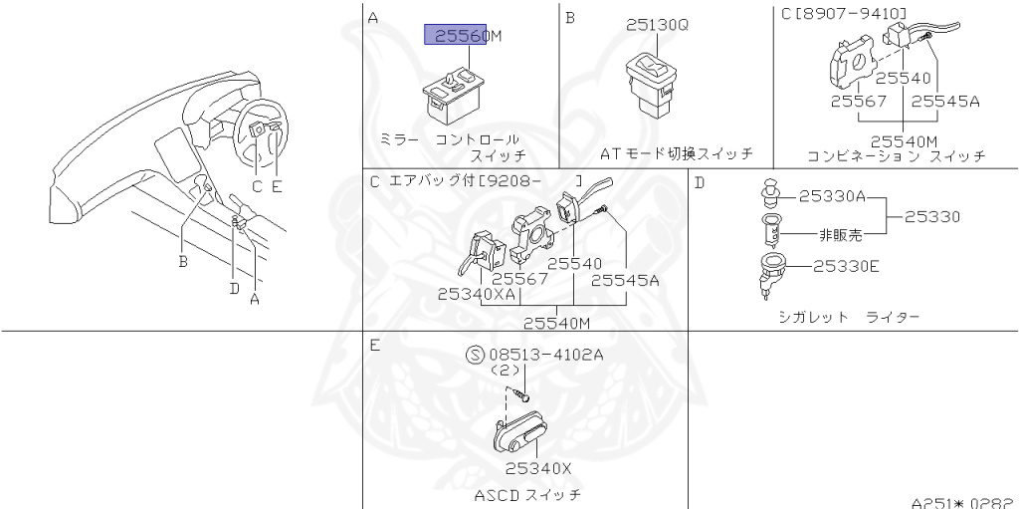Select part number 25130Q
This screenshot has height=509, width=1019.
[x=657, y=25]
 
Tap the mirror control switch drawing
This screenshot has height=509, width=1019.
[x=454, y=91]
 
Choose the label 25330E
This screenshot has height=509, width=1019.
[x=845, y=266]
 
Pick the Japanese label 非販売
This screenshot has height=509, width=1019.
[x=840, y=235]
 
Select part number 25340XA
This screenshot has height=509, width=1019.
[x=477, y=294]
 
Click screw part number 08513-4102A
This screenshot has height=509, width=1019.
[x=545, y=355]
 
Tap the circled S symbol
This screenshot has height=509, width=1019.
[x=475, y=355]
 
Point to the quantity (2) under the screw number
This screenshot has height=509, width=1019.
[x=507, y=371]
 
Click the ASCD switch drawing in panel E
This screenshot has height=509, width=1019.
[x=528, y=434]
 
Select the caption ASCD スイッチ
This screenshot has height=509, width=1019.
[x=526, y=494]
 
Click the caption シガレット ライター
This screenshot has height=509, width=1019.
[x=848, y=317]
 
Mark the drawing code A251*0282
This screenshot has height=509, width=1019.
[x=959, y=502]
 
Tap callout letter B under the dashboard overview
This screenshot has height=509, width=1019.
[x=183, y=262]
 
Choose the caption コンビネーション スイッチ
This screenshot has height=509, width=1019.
[x=896, y=156]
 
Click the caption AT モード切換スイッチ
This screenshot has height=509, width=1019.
[x=676, y=154]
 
